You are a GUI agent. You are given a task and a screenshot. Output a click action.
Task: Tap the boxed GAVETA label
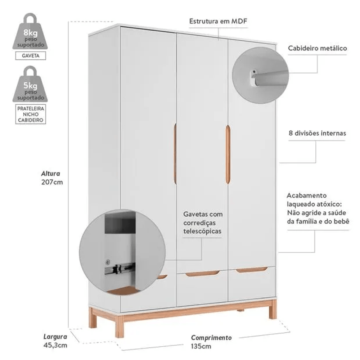(x=30, y=56)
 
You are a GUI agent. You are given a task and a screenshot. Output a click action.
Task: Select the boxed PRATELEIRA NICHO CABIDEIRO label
(x=30, y=114)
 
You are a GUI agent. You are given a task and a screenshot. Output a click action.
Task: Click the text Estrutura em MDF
(x=218, y=21)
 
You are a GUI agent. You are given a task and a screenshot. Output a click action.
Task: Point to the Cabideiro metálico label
(x=317, y=48)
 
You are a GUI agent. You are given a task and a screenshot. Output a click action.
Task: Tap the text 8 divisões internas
(x=317, y=133)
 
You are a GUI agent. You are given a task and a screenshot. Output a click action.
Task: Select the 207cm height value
(x=53, y=182)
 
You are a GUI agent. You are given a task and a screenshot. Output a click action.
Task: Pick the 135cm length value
(x=201, y=346)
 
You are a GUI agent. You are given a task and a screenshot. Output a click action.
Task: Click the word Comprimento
(x=211, y=338)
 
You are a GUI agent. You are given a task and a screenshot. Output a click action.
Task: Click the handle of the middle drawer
(x=202, y=274)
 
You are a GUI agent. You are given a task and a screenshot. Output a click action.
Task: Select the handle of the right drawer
(x=252, y=269)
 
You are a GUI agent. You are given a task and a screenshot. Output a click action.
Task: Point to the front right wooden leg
(x=273, y=310)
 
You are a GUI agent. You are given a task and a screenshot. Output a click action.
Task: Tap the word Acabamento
(x=302, y=195)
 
